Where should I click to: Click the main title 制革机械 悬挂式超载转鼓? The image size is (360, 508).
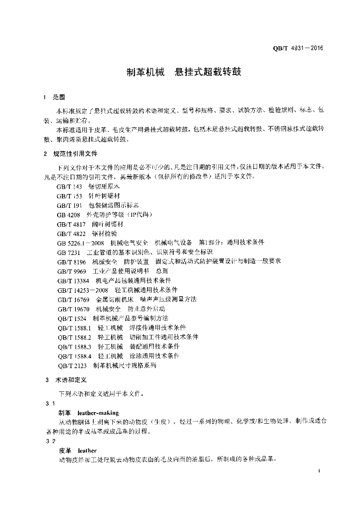[x=183, y=72]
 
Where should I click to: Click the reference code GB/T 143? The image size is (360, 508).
[x=70, y=187]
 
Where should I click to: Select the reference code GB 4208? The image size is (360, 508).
[x=68, y=214]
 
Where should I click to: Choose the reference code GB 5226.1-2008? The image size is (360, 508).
[x=80, y=242]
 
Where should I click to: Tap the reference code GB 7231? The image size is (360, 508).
[x=68, y=252]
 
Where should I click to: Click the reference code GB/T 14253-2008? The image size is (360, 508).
[x=82, y=289]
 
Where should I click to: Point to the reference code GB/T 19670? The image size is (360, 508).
[x=72, y=308]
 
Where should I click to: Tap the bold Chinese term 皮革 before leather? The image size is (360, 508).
[x=65, y=450]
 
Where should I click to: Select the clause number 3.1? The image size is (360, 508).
[x=48, y=403]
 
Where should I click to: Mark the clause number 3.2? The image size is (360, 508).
[x=48, y=441]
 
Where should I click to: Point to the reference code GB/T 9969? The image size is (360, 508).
[x=72, y=270]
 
